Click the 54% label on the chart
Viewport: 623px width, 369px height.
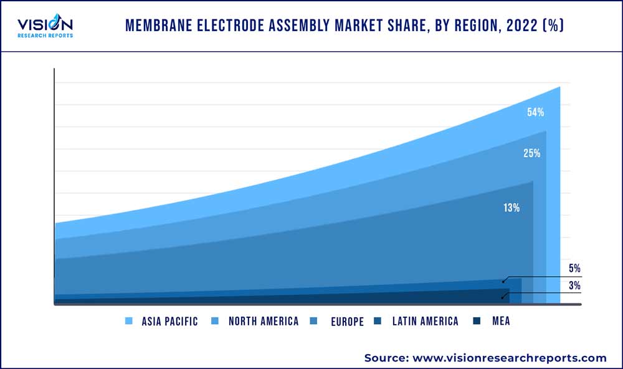[x=535, y=113]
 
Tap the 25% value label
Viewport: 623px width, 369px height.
[x=531, y=153]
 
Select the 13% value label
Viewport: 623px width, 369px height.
[x=511, y=208]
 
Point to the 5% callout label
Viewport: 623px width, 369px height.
[x=574, y=269]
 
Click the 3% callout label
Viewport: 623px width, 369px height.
[x=574, y=286]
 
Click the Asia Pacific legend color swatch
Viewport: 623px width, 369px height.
[x=130, y=321]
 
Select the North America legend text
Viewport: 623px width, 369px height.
[x=263, y=321]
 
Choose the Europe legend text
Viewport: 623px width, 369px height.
[x=347, y=322]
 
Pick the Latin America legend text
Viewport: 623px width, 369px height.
[x=425, y=321]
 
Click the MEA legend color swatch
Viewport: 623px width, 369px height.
[x=477, y=321]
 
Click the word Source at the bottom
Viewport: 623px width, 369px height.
[x=384, y=358]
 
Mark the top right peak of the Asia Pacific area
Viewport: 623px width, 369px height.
[x=559, y=87]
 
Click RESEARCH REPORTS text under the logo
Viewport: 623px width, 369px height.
[x=45, y=36]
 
